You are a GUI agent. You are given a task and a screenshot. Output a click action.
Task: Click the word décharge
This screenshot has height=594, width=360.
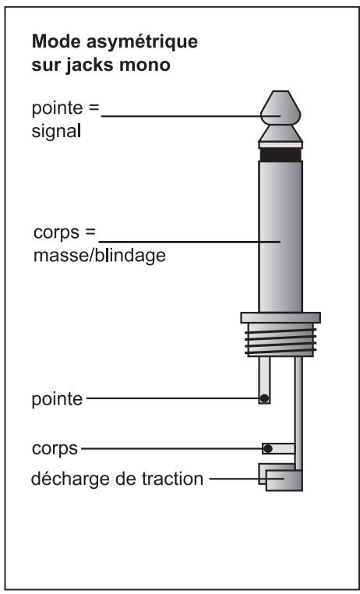tap(62, 478)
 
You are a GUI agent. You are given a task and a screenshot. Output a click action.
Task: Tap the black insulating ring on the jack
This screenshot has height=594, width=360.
tap(281, 154)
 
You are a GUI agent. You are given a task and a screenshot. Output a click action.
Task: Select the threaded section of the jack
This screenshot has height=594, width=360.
tap(281, 340)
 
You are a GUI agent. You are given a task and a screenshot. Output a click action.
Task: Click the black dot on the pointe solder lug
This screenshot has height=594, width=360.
tap(264, 399)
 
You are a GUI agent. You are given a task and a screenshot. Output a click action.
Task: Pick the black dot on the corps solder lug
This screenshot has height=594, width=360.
tap(267, 448)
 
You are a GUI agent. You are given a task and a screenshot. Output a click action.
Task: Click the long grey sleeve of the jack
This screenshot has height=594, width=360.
tap(281, 234)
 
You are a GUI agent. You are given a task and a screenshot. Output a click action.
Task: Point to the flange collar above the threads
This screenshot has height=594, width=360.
tap(281, 316)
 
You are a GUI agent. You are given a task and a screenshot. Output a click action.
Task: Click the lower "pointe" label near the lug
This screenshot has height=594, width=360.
tap(55, 399)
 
